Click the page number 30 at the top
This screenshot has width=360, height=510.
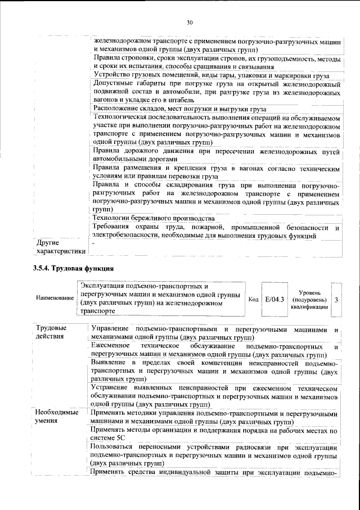pos(190,22)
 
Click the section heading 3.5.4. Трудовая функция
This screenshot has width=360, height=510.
pos(74,268)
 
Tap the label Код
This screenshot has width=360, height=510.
pos(253,299)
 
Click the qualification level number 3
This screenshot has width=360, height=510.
pos(336,300)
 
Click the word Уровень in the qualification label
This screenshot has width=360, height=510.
pos(310,292)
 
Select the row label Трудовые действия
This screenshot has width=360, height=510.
pos(51,332)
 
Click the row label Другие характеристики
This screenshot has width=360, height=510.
pos(58,247)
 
